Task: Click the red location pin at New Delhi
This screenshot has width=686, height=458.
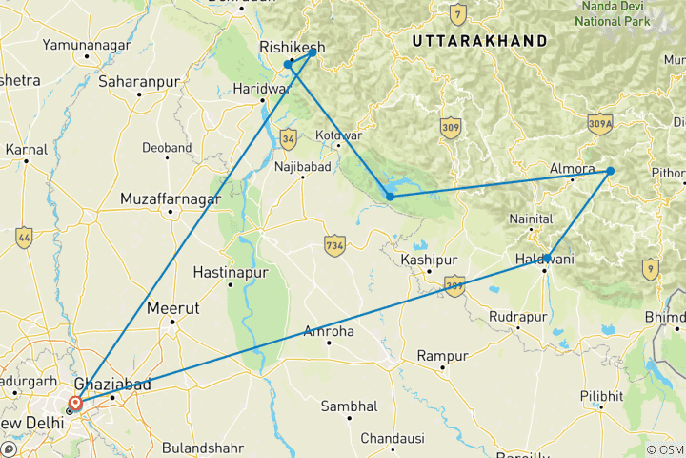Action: (75, 404)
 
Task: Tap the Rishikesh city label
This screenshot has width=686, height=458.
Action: (293, 47)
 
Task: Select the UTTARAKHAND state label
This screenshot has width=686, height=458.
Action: (479, 41)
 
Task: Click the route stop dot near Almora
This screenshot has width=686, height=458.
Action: (611, 172)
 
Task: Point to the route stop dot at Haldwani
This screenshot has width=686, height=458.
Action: (546, 259)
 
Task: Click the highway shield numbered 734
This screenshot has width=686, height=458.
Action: (333, 243)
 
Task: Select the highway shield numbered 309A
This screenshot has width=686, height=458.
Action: (600, 124)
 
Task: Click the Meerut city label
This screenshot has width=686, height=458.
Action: (172, 308)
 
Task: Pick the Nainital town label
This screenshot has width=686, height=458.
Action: (531, 219)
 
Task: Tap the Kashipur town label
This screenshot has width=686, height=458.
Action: (429, 260)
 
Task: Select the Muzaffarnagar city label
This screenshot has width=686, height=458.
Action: (171, 199)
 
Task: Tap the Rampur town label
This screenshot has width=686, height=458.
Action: (443, 356)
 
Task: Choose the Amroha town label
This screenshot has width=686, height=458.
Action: (328, 331)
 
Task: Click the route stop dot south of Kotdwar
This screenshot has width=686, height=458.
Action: (390, 197)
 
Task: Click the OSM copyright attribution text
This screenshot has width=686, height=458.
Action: (663, 449)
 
